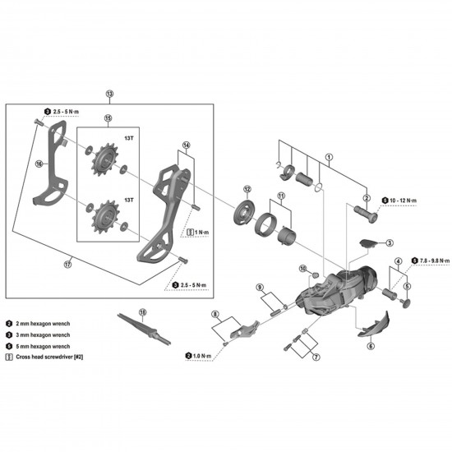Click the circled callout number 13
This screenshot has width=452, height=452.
point(110,95)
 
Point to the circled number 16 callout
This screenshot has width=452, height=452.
point(38,164)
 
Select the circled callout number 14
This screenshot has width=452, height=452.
point(186,145)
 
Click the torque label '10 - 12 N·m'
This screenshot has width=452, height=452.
point(404,200)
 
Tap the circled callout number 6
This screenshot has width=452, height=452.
point(371,346)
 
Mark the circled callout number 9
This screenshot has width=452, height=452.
point(259,287)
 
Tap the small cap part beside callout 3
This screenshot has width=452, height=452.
point(370,242)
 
